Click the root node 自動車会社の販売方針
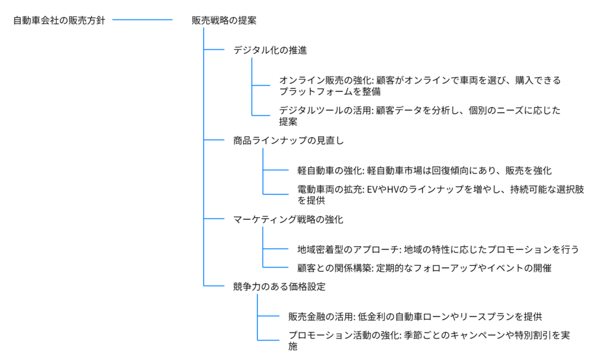coord(59,20)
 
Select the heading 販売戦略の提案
coord(224,20)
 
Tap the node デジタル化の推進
coord(270,50)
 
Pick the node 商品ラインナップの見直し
coord(288,140)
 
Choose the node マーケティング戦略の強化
coord(288,220)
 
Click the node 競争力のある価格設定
coord(279,287)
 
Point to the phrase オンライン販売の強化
coord(325,80)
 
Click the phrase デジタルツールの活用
coord(325,111)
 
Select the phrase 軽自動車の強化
coord(330,170)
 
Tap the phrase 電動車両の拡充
coord(330,189)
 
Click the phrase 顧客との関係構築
coord(334,268)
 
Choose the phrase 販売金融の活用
coord(321,317)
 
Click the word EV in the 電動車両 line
coord(372,189)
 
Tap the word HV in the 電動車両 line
coord(393,189)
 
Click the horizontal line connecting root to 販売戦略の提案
coord(143,20)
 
